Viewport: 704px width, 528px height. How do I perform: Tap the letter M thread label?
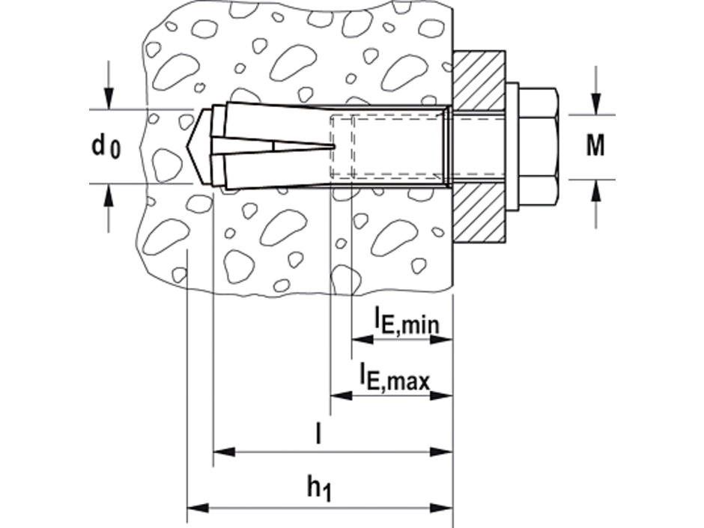[595, 146]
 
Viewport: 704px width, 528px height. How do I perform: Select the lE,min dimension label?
[406, 321]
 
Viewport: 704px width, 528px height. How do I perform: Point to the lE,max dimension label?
[394, 377]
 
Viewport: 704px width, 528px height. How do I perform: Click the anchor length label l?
[318, 435]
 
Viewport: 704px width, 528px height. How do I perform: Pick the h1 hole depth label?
[318, 488]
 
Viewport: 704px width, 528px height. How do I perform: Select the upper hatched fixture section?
[480, 79]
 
